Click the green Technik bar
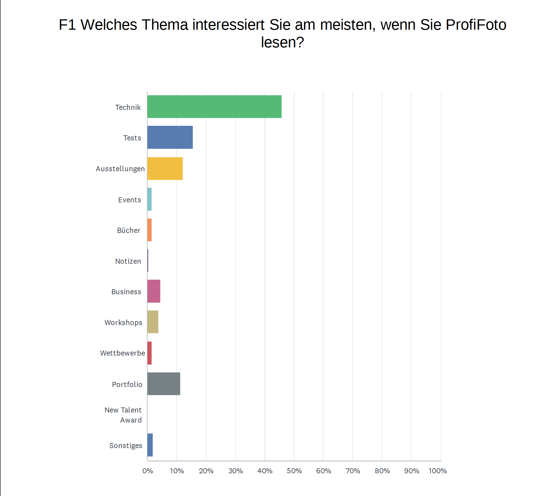coord(214,106)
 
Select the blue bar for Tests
coord(170,137)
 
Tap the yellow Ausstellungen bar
coord(165,168)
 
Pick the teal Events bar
coord(150,199)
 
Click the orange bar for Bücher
coord(150,230)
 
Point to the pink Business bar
coord(154,291)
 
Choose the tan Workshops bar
coord(153,322)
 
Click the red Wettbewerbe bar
coord(150,353)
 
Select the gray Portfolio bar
coord(164,384)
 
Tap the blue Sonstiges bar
coord(150,445)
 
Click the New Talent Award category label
coord(123,415)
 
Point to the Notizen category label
coord(128,261)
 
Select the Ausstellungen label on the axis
coord(120,169)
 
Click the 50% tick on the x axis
coord(294,471)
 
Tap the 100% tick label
coord(438,471)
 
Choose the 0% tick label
coord(148,471)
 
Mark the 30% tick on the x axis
coord(235,471)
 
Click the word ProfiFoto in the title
coord(476,25)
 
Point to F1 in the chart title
coord(67,25)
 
